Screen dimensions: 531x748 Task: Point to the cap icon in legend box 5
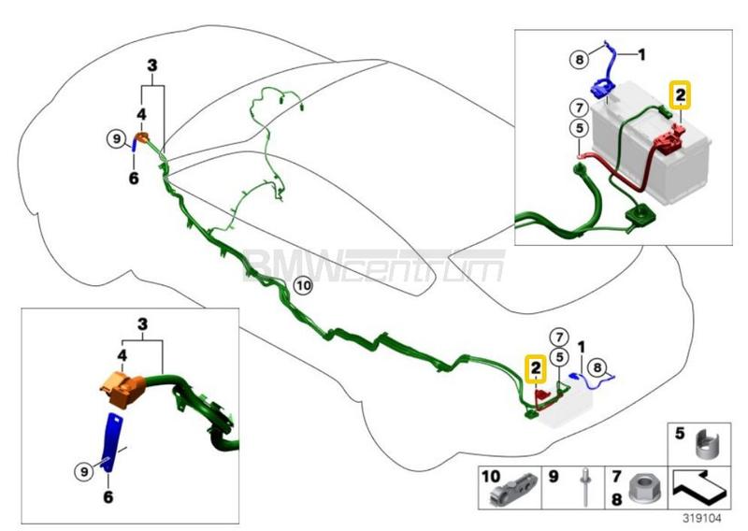[703, 440]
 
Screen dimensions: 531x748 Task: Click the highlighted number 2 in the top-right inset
[681, 95]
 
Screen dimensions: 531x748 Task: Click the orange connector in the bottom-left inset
[122, 387]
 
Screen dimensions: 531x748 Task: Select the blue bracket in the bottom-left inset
[112, 444]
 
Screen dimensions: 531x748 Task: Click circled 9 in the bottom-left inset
[83, 472]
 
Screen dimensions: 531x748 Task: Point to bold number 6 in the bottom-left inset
[108, 497]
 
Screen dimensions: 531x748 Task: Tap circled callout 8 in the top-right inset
[580, 61]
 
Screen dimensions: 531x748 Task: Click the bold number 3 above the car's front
[152, 65]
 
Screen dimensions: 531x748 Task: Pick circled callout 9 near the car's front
[116, 140]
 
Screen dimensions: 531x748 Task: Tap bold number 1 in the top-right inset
[642, 55]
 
